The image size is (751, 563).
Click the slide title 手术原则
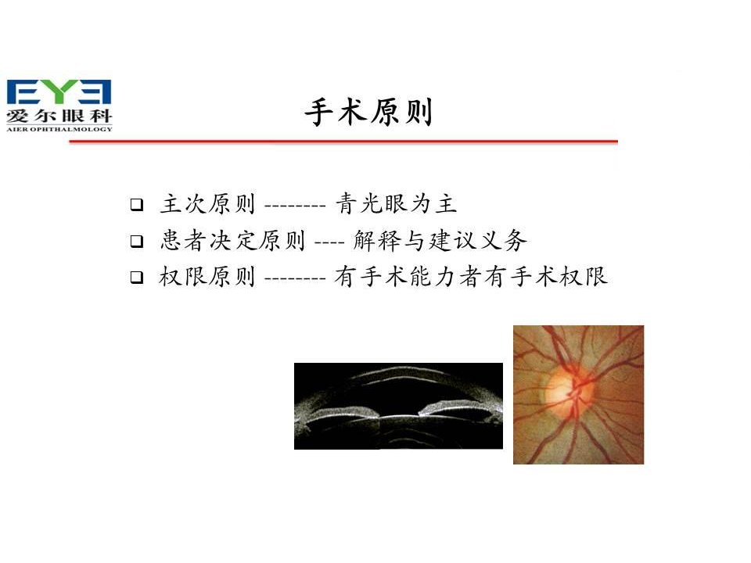[368, 112]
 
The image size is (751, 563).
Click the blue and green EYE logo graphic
[59, 92]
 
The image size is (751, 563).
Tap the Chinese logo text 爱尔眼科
[59, 116]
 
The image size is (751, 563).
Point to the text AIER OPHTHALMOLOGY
[59, 129]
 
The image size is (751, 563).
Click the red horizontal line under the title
[343, 142]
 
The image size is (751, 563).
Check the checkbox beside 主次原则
[136, 204]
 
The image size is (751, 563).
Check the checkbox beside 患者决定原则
[136, 241]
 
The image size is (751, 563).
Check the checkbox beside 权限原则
[136, 277]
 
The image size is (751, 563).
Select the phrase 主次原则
[207, 203]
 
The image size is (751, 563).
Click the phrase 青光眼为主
[396, 203]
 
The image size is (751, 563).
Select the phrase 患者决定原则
[232, 240]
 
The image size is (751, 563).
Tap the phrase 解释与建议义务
[440, 240]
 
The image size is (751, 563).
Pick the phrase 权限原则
[207, 276]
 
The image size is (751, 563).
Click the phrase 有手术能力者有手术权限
[471, 276]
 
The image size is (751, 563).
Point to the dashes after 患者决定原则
[329, 242]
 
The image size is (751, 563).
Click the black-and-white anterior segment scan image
[398, 406]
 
